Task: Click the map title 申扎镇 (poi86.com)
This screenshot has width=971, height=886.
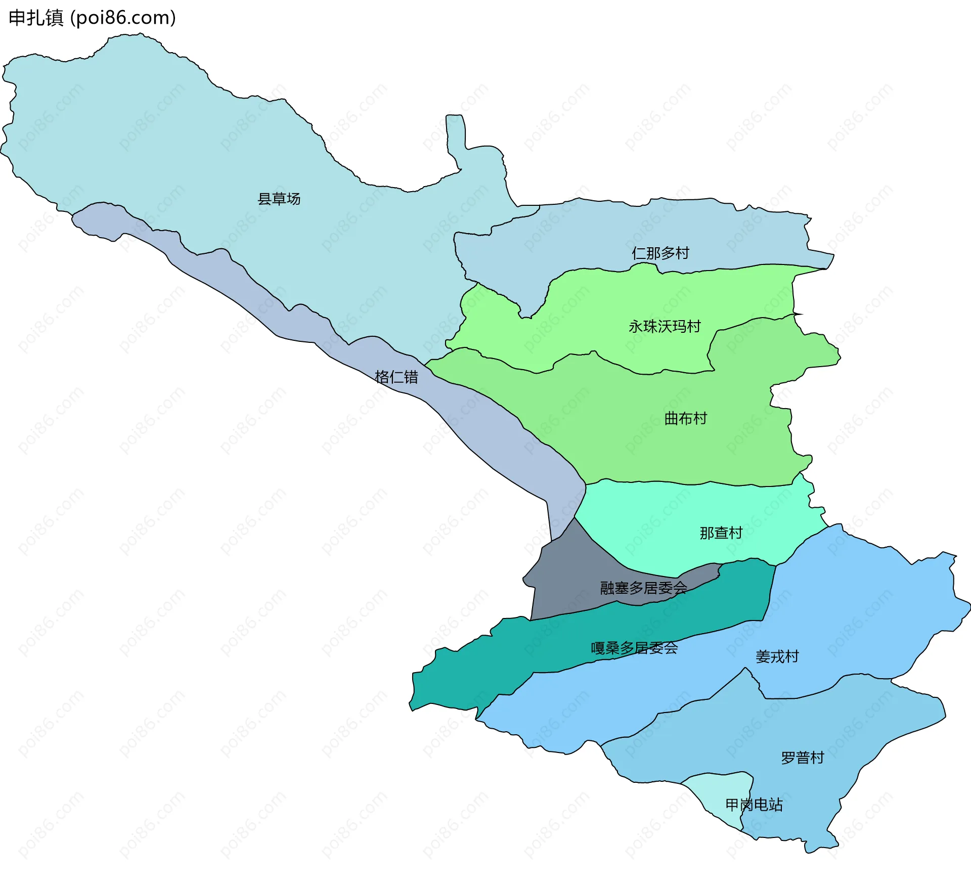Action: (92, 18)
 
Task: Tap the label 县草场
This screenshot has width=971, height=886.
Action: (279, 199)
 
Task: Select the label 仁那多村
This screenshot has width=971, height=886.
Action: (660, 253)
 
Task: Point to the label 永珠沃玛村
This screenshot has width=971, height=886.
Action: (664, 326)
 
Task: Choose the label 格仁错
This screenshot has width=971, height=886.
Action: (396, 377)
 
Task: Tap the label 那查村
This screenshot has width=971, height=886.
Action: (721, 533)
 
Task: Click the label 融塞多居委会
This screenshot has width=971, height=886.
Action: (643, 588)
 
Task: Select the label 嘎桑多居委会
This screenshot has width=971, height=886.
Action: (634, 648)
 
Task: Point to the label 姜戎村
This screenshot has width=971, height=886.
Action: (777, 656)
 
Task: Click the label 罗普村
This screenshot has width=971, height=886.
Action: (802, 758)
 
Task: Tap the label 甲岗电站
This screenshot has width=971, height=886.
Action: (754, 805)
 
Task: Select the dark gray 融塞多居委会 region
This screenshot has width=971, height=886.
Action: (566, 582)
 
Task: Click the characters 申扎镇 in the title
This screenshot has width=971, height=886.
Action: (36, 18)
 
